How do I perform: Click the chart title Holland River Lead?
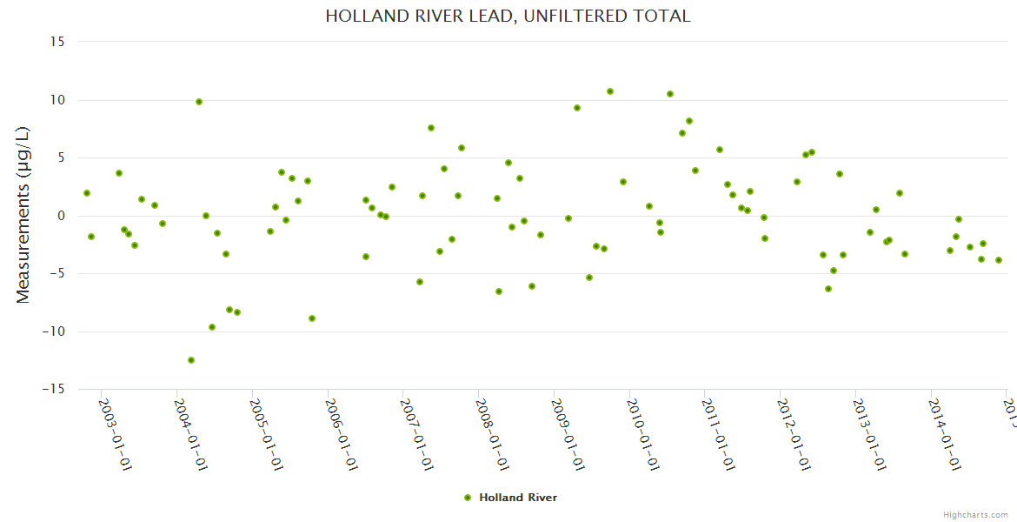click(508, 16)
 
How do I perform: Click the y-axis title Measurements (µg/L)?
click(23, 215)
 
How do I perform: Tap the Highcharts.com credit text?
click(976, 514)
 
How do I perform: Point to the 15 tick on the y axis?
click(57, 42)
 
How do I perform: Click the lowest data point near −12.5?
click(191, 360)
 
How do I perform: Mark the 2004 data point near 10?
click(199, 102)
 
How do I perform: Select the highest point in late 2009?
click(610, 91)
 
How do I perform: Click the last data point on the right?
click(999, 260)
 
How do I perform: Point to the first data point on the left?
click(87, 193)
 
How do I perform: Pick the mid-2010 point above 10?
click(670, 94)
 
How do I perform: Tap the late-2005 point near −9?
click(312, 318)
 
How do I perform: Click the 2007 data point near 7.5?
click(431, 128)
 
